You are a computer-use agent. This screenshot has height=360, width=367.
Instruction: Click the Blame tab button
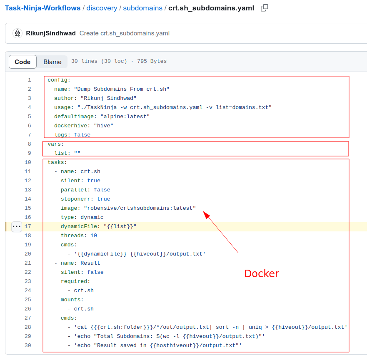[52, 62]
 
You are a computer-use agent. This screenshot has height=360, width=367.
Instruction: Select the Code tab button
[22, 62]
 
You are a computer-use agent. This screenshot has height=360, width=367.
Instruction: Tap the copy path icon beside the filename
[265, 8]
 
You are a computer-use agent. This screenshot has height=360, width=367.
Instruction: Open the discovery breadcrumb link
[102, 8]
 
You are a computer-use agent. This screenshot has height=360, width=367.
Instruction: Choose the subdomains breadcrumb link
[142, 8]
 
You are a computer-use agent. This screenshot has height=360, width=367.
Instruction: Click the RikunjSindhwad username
[51, 33]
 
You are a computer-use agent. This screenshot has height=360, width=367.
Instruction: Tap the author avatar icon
[17, 33]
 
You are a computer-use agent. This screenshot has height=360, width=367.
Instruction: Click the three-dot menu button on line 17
[16, 226]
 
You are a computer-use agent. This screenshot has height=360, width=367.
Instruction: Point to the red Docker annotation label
[261, 273]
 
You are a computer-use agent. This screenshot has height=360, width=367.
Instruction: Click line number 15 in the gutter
[28, 208]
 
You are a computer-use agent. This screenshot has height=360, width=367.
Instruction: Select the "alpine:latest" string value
[125, 117]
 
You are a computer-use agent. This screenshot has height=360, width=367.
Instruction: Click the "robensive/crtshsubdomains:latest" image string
[140, 208]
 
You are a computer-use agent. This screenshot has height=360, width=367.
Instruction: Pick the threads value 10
[94, 236]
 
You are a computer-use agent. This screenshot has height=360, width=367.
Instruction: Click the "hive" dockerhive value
[103, 126]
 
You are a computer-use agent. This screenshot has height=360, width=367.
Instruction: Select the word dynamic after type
[92, 217]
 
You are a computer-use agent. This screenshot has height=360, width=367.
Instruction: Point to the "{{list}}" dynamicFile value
[120, 226]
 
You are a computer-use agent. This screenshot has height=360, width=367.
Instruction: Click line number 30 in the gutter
[28, 345]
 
